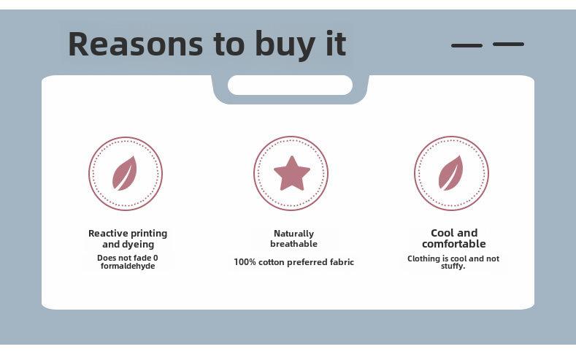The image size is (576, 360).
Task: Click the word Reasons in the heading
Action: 136,44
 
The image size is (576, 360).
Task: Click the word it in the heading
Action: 336,43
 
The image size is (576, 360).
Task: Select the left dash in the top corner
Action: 467,45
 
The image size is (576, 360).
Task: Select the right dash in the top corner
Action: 508,44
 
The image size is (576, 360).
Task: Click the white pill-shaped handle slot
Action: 291,85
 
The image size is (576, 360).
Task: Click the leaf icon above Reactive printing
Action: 125,173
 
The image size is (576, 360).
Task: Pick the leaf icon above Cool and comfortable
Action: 450,173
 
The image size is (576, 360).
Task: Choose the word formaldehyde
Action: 128,266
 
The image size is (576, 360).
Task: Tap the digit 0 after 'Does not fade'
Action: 155,258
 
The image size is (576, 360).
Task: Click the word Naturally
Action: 294,234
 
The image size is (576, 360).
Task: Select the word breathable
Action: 294,244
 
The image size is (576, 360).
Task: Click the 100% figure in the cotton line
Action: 245,262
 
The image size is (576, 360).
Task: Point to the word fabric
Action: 342,262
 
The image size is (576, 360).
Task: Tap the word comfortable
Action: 454,244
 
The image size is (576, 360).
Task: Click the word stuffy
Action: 453,267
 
